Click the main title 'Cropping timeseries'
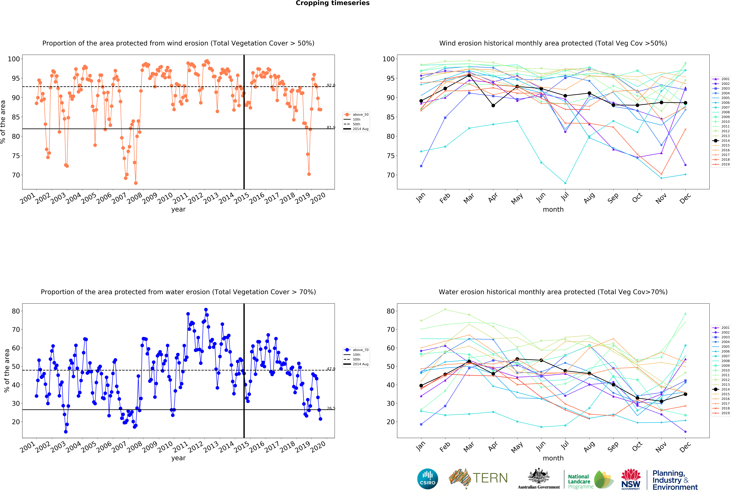(332, 3)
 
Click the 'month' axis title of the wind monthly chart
(553, 209)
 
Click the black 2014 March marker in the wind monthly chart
(469, 75)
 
